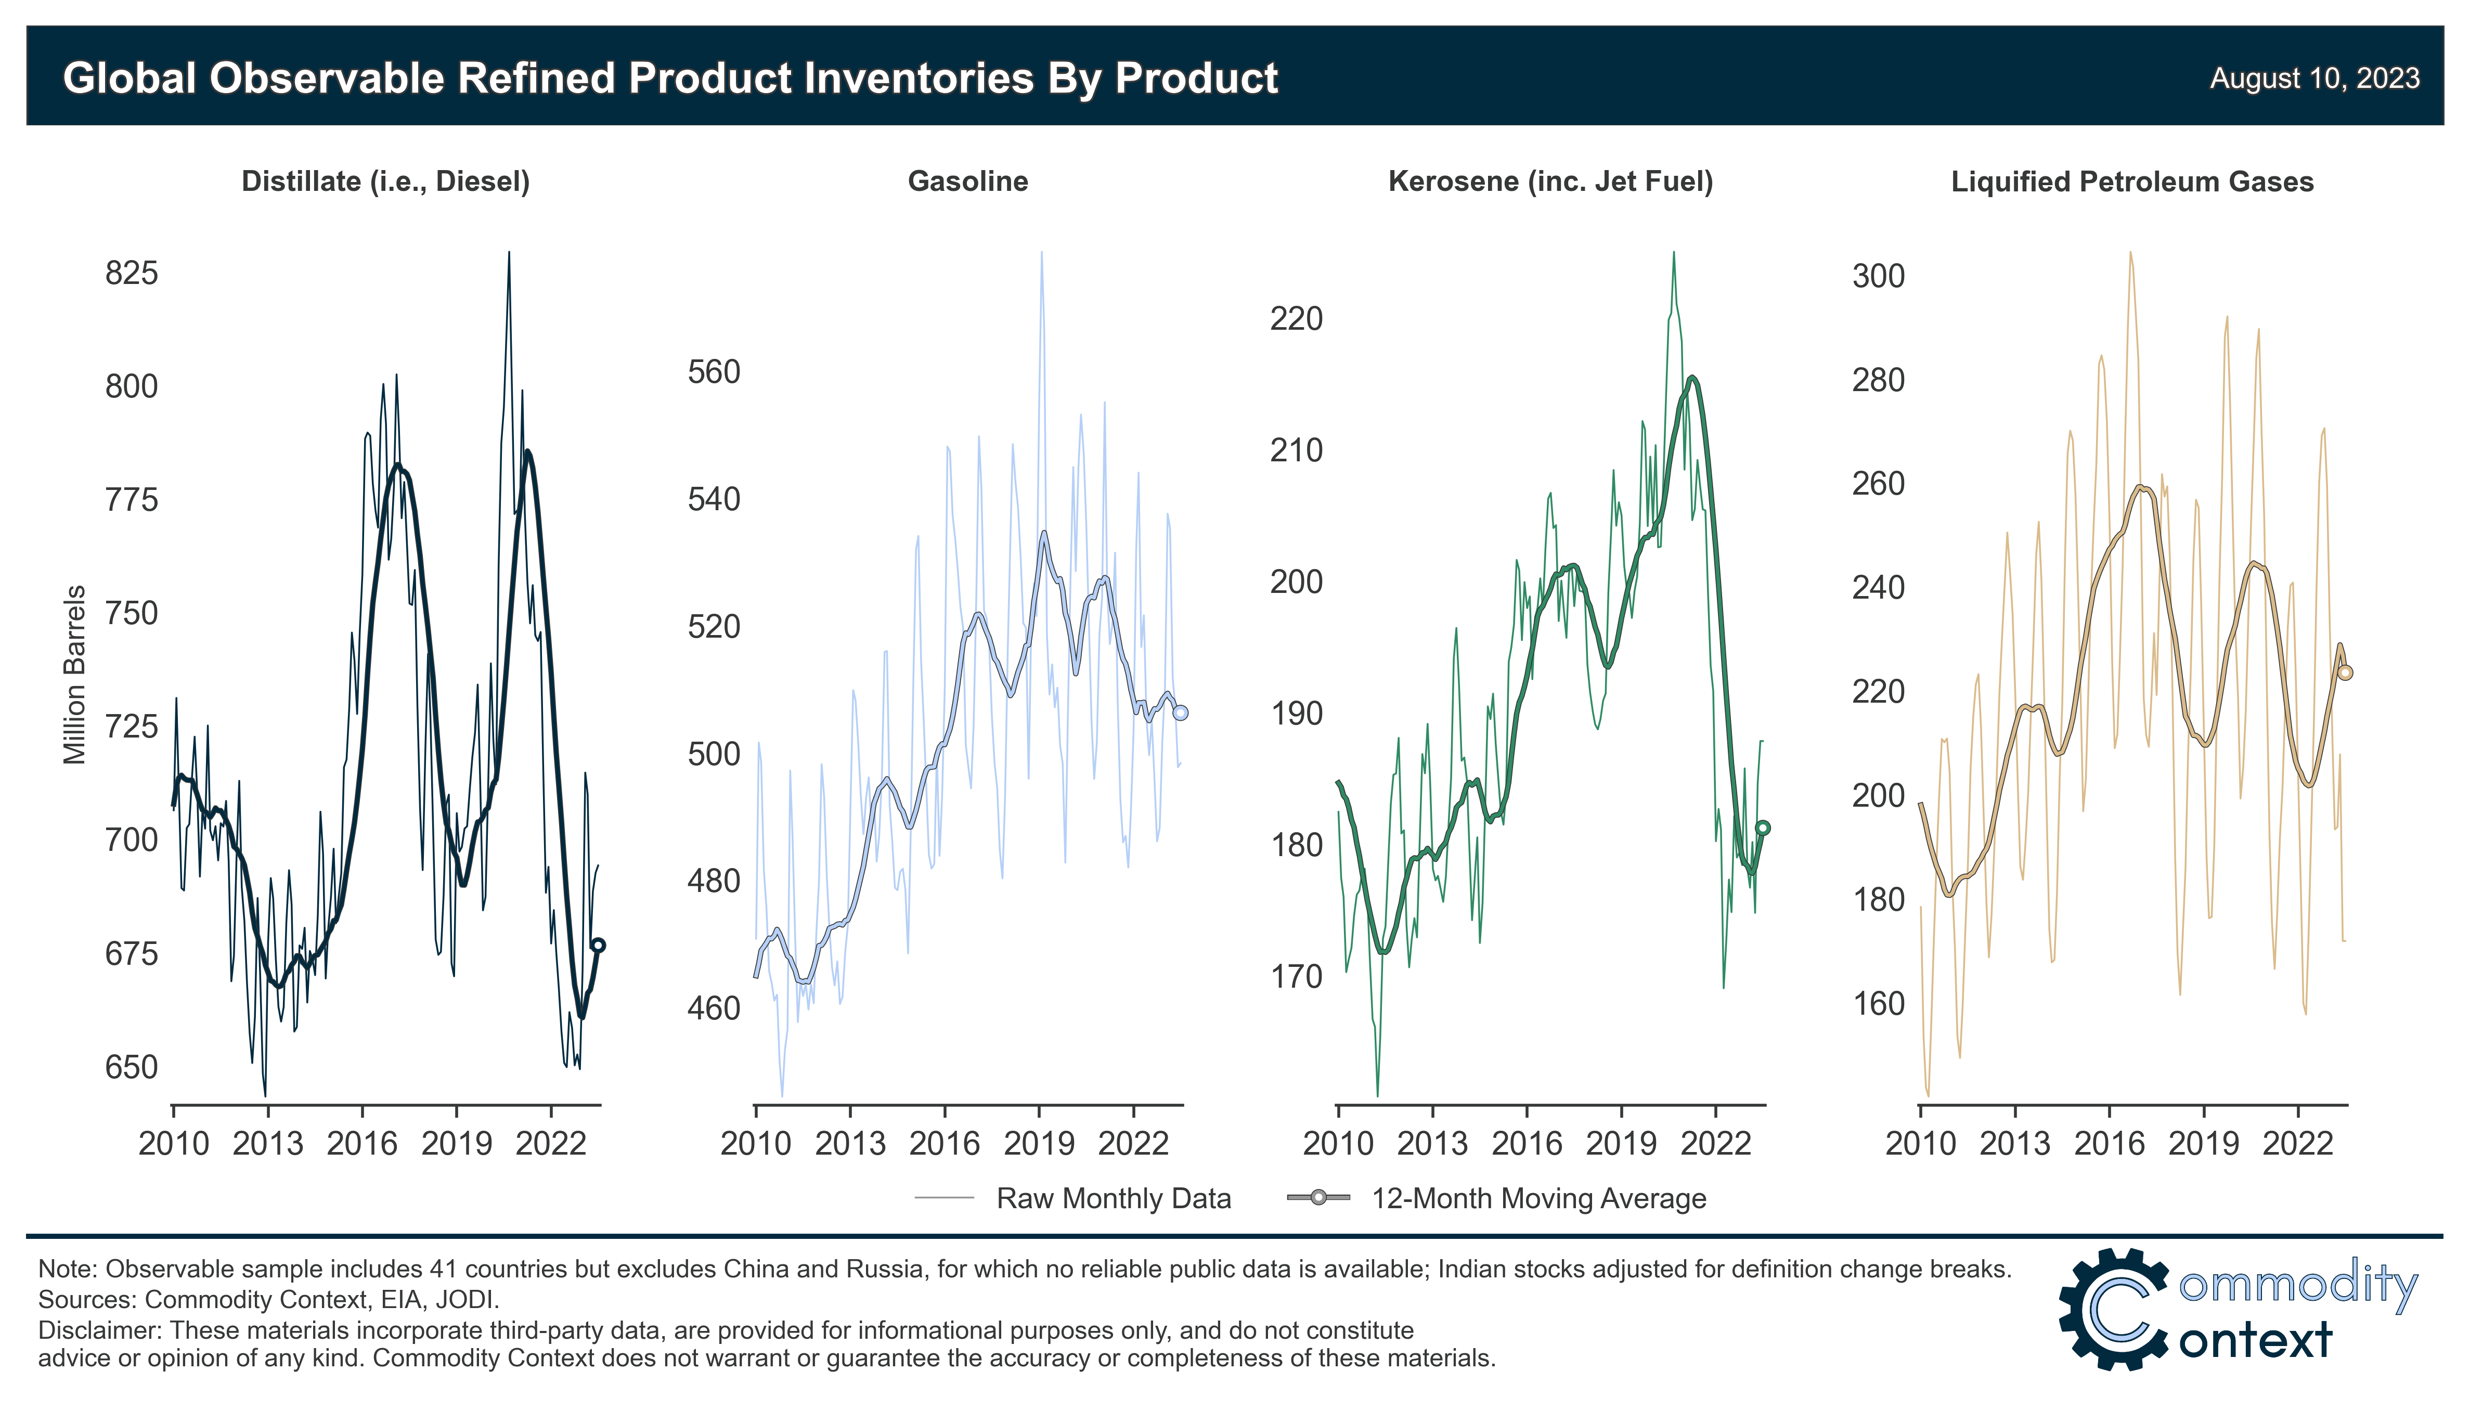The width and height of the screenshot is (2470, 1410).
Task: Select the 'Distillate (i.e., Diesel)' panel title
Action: click(385, 182)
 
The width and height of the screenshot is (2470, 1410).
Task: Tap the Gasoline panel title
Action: click(967, 182)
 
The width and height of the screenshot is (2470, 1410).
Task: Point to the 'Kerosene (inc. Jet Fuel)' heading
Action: click(1550, 182)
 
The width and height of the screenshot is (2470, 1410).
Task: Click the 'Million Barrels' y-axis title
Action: click(74, 675)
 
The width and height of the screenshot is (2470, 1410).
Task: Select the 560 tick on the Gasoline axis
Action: click(714, 372)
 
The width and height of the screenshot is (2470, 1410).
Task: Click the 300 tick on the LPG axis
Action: click(1879, 276)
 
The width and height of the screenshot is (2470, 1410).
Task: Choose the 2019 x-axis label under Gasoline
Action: click(1039, 1144)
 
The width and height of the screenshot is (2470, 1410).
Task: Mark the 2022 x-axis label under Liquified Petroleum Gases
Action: click(2298, 1144)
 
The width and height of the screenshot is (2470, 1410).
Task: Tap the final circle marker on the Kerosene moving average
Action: click(1762, 828)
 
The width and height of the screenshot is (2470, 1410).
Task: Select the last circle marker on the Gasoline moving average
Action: click(1180, 713)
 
